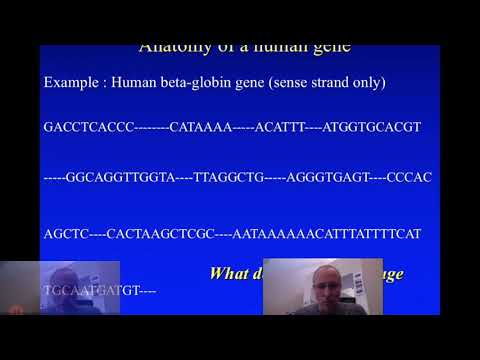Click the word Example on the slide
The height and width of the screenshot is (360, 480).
coord(70,82)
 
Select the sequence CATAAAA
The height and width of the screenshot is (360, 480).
coord(198,128)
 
